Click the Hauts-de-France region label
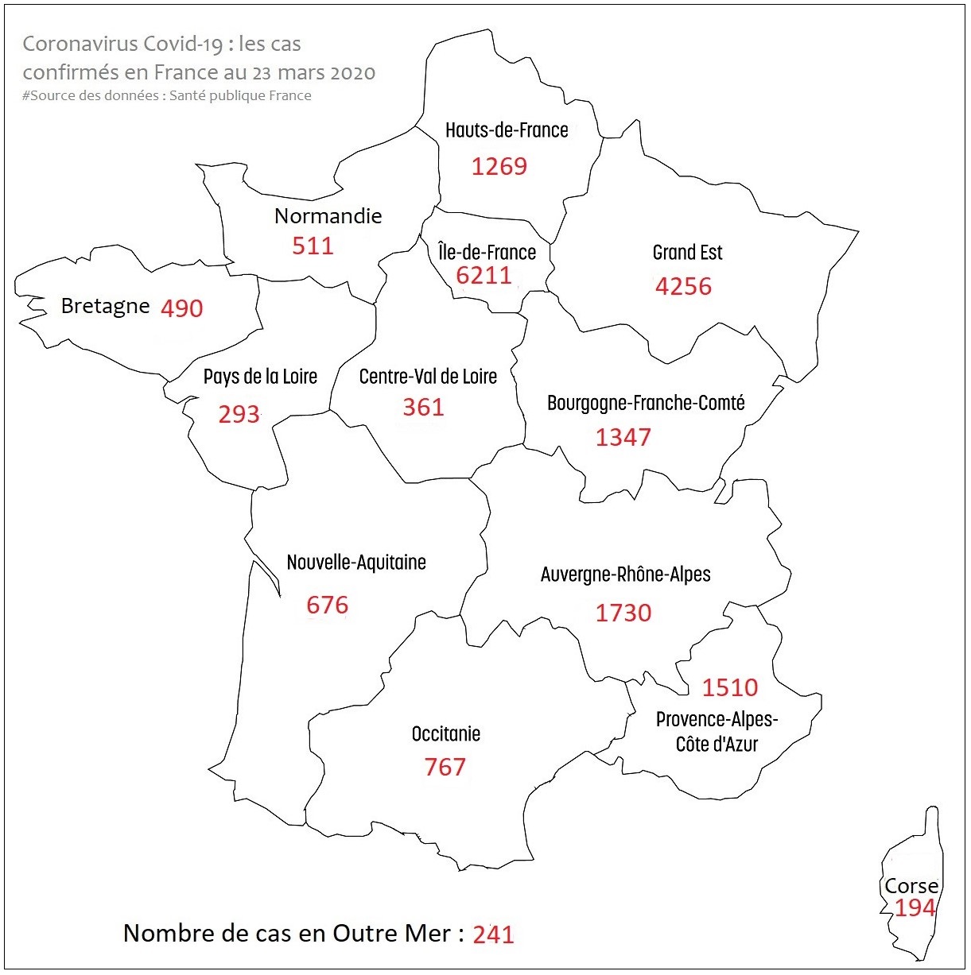tap(507, 130)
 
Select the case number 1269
tap(499, 166)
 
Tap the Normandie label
tap(328, 216)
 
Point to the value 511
tap(313, 246)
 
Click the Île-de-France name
tap(487, 253)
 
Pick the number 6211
tap(484, 275)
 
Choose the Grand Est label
tap(687, 253)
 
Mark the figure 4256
tap(683, 286)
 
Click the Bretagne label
tap(105, 306)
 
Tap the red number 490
tap(181, 308)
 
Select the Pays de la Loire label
tap(260, 377)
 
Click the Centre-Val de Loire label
tap(428, 377)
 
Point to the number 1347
tap(623, 437)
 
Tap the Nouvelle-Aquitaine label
tap(356, 563)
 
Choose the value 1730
tap(623, 613)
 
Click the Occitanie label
tap(445, 733)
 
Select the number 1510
tap(729, 687)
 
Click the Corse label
tap(911, 886)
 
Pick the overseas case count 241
tap(493, 935)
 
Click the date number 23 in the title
tap(262, 74)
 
